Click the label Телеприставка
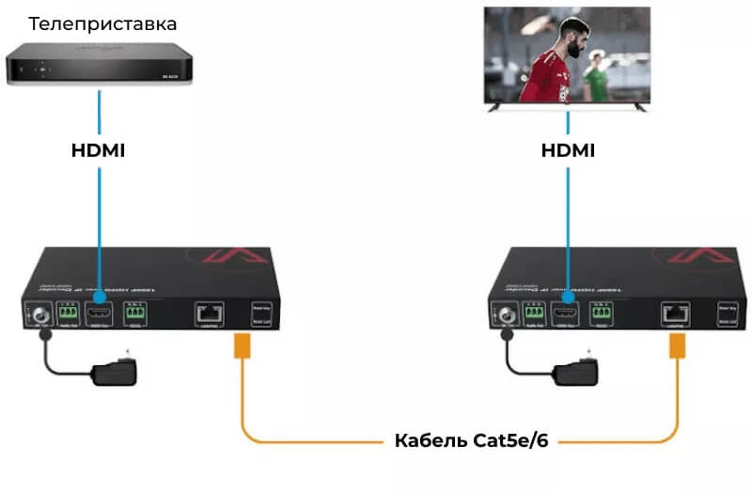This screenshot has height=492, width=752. [102, 23]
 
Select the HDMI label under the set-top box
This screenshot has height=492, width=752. [99, 150]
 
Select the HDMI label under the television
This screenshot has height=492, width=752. [568, 150]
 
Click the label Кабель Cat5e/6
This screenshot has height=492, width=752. [471, 440]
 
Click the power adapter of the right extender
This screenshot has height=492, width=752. [577, 371]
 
